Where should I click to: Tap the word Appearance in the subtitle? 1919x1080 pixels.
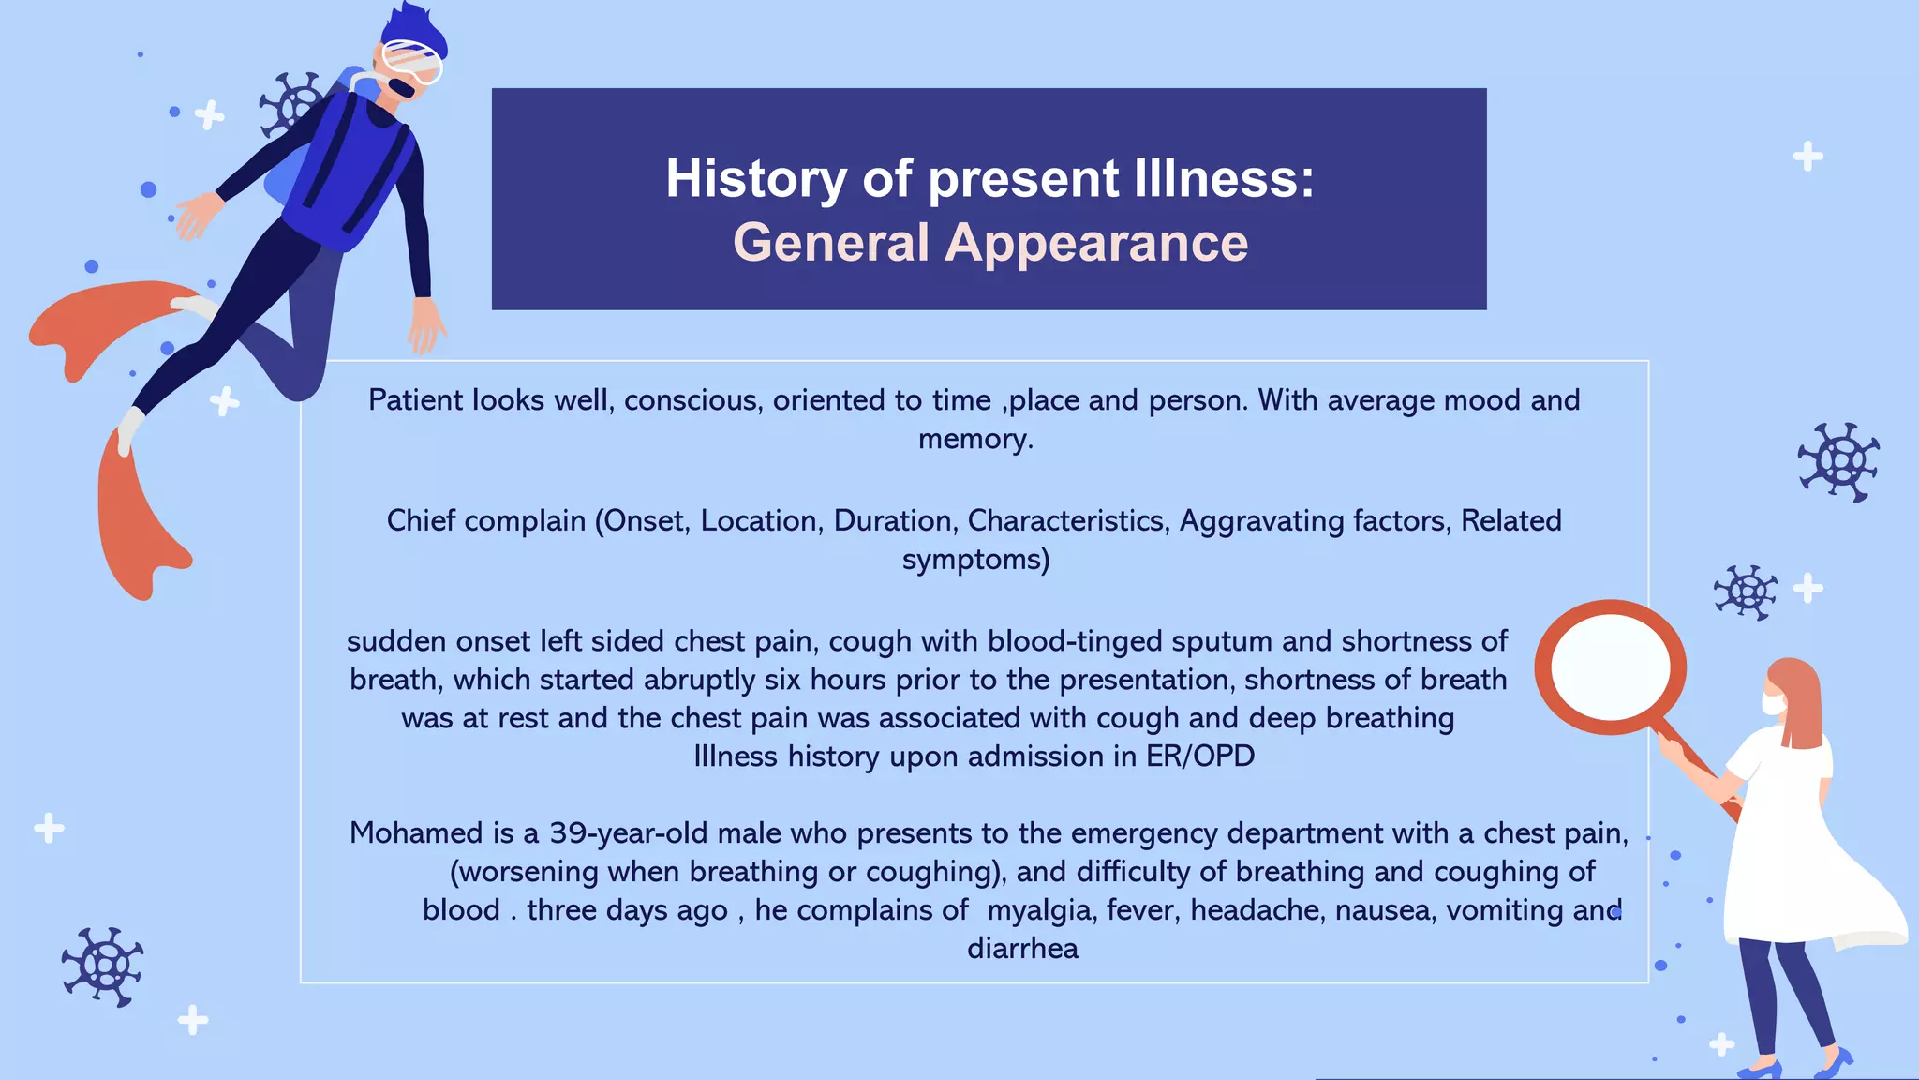tap(1095, 243)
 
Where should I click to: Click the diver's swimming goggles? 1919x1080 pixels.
tap(413, 62)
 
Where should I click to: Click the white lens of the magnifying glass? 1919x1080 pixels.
tap(1611, 667)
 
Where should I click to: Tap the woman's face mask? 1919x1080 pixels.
tap(1772, 704)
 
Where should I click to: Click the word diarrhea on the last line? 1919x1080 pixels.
tap(1022, 949)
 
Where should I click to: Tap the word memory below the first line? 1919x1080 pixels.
tap(974, 439)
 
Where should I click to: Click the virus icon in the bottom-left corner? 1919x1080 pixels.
tap(103, 967)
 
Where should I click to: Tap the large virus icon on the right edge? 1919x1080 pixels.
tap(1838, 461)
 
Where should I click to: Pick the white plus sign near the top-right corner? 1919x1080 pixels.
tap(1807, 156)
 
